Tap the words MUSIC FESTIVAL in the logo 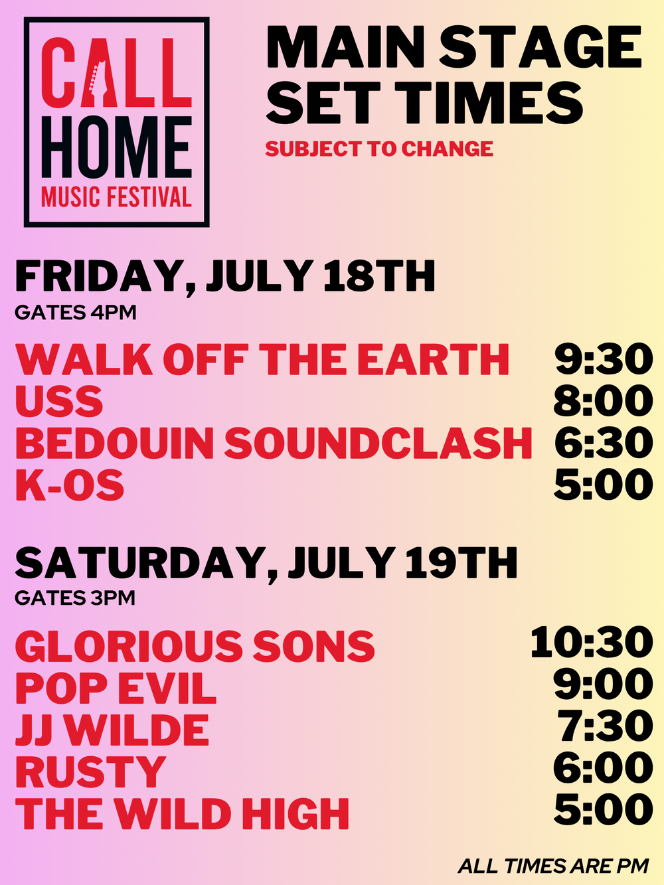pyautogui.click(x=116, y=198)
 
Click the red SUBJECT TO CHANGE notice pyautogui.click(x=379, y=149)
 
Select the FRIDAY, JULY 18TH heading pyautogui.click(x=225, y=277)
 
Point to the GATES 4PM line pyautogui.click(x=76, y=313)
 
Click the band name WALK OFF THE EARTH pyautogui.click(x=262, y=360)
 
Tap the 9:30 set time pyautogui.click(x=604, y=359)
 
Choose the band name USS pyautogui.click(x=59, y=401)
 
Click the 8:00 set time pyautogui.click(x=603, y=401)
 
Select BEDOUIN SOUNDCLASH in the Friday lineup pyautogui.click(x=274, y=443)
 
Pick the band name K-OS pyautogui.click(x=69, y=485)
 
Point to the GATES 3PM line pyautogui.click(x=75, y=598)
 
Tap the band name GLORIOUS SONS pyautogui.click(x=195, y=646)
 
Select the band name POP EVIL pyautogui.click(x=116, y=688)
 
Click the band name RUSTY pyautogui.click(x=91, y=771)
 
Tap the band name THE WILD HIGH pyautogui.click(x=182, y=814)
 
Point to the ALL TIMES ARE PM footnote pyautogui.click(x=553, y=866)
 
